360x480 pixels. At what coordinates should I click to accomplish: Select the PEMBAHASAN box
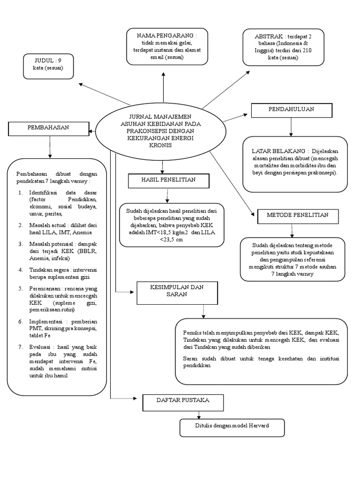point(49,127)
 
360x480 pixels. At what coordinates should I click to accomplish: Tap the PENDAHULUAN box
point(291,110)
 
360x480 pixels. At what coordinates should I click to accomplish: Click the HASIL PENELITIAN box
point(162,180)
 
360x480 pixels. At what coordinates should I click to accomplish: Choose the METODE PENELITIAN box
point(297,216)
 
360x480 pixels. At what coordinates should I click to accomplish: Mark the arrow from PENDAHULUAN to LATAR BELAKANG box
point(291,127)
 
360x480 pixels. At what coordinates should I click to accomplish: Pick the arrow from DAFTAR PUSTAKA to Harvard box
point(200,414)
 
